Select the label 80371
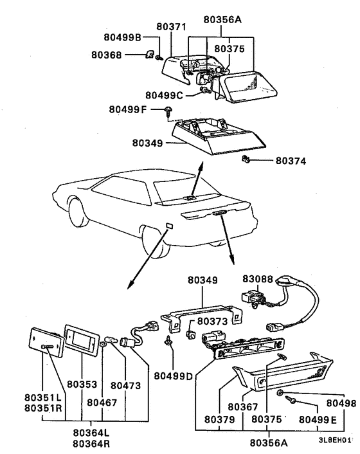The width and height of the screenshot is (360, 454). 170,27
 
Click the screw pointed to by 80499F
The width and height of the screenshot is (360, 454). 169,110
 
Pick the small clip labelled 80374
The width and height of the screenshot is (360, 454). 245,159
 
